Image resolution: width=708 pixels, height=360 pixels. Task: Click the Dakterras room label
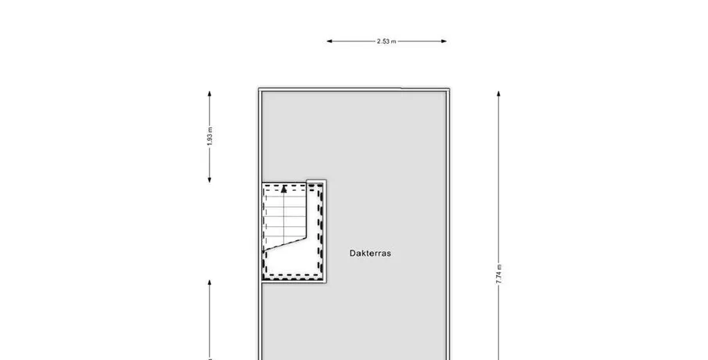pos(370,254)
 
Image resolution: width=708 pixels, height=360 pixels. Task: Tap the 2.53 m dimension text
pos(386,41)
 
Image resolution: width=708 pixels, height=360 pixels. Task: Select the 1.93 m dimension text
pos(210,136)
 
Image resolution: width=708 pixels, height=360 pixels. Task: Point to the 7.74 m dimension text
pos(499,274)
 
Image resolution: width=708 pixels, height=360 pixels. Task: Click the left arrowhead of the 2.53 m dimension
pos(329,41)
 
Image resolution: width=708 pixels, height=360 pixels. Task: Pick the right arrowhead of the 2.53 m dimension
pos(444,41)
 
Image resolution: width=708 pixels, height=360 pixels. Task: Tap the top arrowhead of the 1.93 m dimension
pos(210,93)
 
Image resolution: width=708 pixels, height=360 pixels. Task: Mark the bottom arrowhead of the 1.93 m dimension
pos(210,180)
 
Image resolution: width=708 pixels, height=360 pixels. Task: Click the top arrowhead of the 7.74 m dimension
pos(498,93)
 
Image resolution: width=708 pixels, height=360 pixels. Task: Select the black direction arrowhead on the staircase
pos(283,189)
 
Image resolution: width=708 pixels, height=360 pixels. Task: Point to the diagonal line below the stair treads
pos(286,243)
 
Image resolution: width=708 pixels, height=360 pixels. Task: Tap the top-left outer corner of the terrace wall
pos(259,88)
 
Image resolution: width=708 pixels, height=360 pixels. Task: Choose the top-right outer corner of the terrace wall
pos(449,88)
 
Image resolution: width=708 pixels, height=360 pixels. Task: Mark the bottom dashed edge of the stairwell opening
pos(293,275)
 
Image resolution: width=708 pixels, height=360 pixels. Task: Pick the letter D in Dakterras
pos(352,254)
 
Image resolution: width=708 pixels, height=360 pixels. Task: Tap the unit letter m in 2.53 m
pos(394,42)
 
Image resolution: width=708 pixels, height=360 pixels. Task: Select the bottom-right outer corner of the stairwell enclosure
pos(326,283)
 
